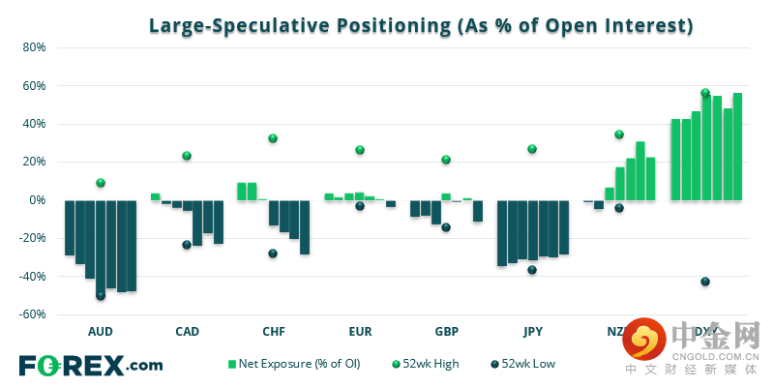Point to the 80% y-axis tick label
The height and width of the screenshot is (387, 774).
[x=34, y=47]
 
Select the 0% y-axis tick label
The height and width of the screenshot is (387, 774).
[x=37, y=200]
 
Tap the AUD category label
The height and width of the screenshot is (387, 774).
[x=100, y=331]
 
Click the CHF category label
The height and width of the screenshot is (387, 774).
[x=273, y=331]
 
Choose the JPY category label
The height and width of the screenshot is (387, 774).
[x=532, y=331]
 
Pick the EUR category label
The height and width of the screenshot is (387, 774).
[x=359, y=331]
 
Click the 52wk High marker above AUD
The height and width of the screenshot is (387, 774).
[x=101, y=183]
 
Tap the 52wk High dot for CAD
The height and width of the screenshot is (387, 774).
[x=187, y=156]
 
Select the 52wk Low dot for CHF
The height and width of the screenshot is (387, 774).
[x=273, y=253]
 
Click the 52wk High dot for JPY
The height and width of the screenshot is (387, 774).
[x=532, y=149]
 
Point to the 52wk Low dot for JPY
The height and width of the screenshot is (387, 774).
[x=532, y=270]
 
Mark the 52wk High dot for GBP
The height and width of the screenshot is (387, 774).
[x=446, y=160]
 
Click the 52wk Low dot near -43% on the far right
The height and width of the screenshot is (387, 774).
[x=705, y=282]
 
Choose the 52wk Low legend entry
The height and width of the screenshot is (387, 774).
[x=524, y=364]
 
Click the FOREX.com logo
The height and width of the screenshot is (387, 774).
[x=91, y=365]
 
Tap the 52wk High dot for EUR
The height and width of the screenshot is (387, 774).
[x=360, y=150]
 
